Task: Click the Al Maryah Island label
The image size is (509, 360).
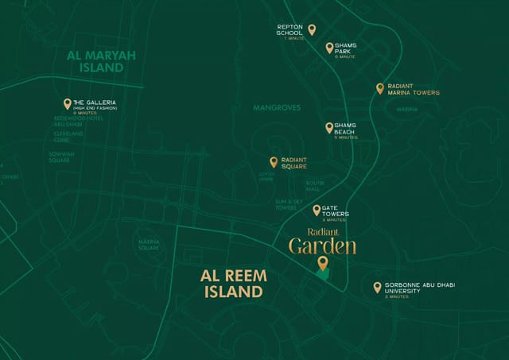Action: [x=90, y=61]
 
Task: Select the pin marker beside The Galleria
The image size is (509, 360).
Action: [x=68, y=103]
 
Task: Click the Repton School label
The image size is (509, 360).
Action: [x=289, y=29]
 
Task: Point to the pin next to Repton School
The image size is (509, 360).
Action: [x=312, y=29]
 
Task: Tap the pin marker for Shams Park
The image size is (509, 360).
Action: [x=329, y=48]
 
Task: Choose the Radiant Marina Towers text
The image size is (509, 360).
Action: [x=413, y=89]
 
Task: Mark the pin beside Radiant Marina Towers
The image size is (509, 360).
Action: [x=380, y=88]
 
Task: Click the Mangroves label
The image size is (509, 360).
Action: [x=277, y=107]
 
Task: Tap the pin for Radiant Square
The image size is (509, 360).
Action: [x=274, y=161]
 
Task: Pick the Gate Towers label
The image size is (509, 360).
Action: [x=336, y=211]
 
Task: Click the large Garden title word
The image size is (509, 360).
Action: [x=322, y=246]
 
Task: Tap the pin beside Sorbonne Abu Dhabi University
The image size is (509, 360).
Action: [x=377, y=287]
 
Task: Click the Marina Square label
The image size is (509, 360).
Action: [x=149, y=245]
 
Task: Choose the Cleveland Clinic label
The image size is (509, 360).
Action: [x=68, y=136]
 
